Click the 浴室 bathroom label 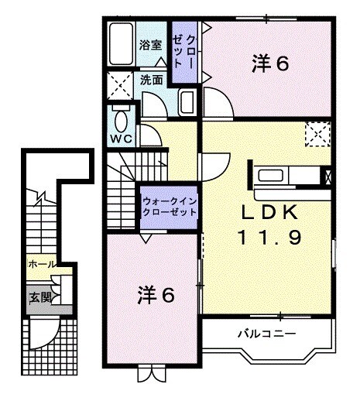[150, 44]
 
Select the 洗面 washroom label [152, 80]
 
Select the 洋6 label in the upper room [271, 63]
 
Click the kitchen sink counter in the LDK [284, 174]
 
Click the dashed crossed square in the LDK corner [317, 134]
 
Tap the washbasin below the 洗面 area [187, 100]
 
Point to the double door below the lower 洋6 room [149, 373]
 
